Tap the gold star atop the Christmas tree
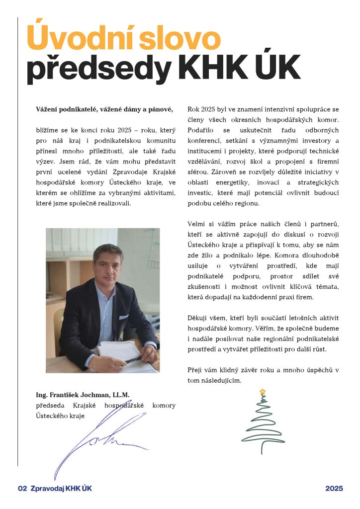point(263,392)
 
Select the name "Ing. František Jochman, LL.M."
point(83,395)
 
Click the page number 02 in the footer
point(22,489)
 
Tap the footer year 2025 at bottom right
point(334,489)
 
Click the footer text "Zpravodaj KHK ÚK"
point(61,489)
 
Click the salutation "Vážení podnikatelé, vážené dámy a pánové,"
point(104,109)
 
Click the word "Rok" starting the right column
point(194,109)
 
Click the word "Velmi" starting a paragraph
point(197,224)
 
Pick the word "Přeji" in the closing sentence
point(195,370)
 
